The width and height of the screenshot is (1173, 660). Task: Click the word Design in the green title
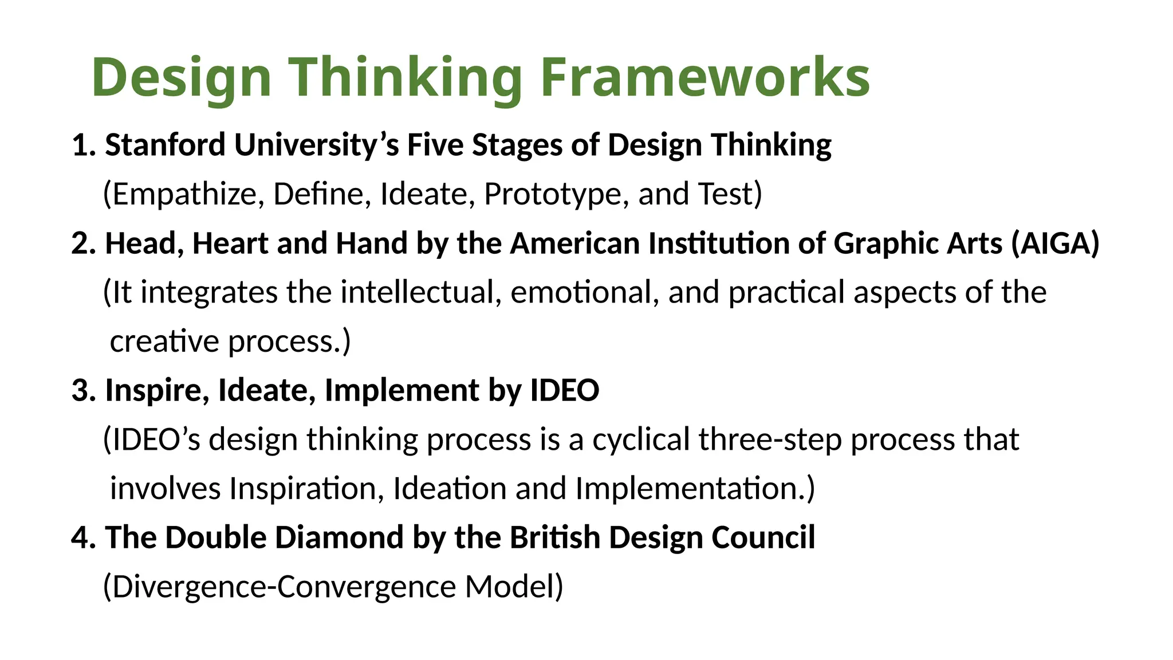click(181, 77)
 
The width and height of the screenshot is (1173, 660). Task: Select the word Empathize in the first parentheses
click(183, 194)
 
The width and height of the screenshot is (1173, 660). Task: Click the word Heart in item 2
click(230, 243)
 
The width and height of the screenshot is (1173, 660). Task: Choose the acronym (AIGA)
click(1055, 243)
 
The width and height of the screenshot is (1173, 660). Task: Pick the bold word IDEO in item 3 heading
click(565, 391)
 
